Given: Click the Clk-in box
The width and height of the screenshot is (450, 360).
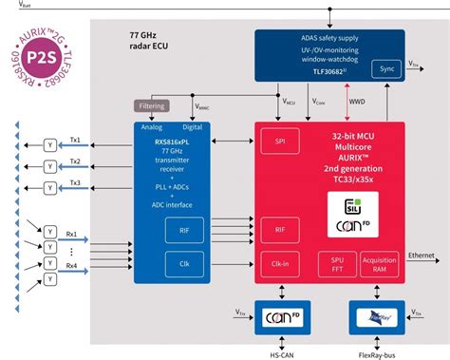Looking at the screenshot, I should click(x=281, y=262).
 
